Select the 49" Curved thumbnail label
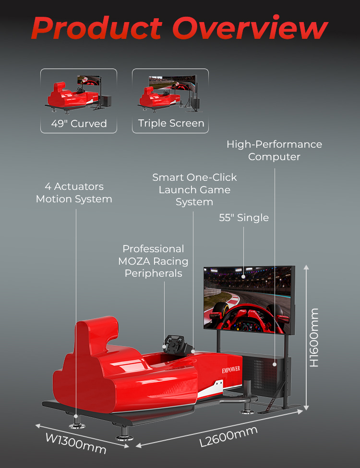[x=79, y=123]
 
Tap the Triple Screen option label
[x=171, y=123]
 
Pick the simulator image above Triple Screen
[x=170, y=93]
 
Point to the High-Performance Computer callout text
[x=274, y=150]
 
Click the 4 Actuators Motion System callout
[x=74, y=192]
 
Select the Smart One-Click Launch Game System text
[x=194, y=189]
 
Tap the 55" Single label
[x=244, y=218]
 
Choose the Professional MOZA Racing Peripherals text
[x=153, y=261]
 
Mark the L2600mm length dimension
[x=228, y=436]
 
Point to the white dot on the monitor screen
[x=244, y=276]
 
